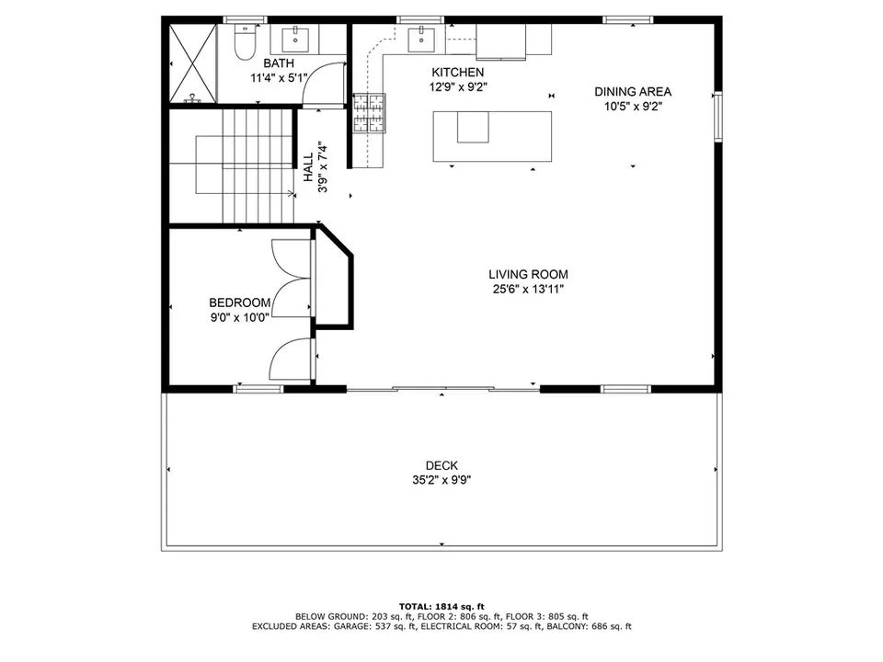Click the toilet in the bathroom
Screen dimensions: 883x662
tap(245, 42)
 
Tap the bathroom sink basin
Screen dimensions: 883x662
tap(294, 39)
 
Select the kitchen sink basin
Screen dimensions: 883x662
tap(421, 39)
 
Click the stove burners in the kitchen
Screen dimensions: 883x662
tap(370, 113)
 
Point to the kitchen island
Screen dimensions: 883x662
tap(492, 136)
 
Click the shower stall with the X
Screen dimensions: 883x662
tap(193, 63)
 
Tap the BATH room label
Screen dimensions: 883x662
tap(279, 63)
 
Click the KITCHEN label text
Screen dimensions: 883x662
tap(458, 72)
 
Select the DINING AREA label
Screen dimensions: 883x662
tap(633, 92)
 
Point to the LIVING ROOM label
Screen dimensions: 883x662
tap(528, 275)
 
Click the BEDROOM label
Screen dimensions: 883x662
tap(240, 302)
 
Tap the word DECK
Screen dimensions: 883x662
tap(442, 465)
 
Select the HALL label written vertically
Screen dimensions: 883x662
tap(309, 167)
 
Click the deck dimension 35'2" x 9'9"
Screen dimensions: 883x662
tap(441, 480)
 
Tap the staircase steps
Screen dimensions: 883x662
tap(258, 166)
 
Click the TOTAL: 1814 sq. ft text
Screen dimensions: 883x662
tap(442, 606)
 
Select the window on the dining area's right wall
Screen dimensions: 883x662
tap(718, 116)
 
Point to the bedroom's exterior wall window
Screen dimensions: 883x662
tap(258, 388)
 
